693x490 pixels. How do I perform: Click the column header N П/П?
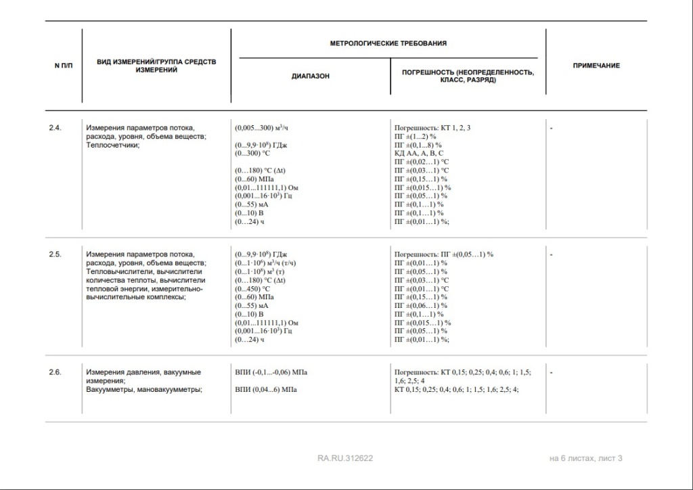coord(63,66)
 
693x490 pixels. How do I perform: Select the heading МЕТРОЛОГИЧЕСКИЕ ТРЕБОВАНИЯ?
coord(388,43)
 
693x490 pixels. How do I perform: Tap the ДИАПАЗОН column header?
coord(311,76)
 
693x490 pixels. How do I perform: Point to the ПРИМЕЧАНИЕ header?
coord(596,66)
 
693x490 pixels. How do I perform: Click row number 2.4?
coord(55,127)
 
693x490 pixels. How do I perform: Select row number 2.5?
coord(55,254)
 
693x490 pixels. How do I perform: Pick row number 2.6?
coord(55,372)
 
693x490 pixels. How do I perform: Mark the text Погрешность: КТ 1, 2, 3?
coord(432,127)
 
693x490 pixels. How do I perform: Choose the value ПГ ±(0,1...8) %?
coord(418,144)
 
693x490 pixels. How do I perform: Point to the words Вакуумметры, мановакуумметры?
coord(145,389)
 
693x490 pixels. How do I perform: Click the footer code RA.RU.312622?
coord(345,458)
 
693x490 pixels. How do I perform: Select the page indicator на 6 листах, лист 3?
coord(585,458)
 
